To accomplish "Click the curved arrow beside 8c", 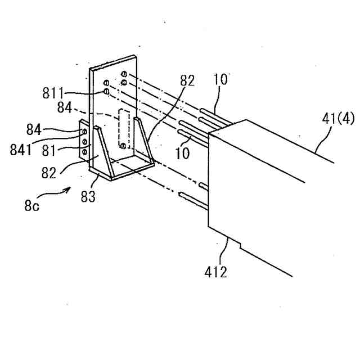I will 56,194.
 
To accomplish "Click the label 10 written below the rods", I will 181,153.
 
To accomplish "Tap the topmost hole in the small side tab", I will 84,132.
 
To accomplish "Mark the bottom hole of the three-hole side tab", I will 84,152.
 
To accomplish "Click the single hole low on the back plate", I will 123,146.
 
